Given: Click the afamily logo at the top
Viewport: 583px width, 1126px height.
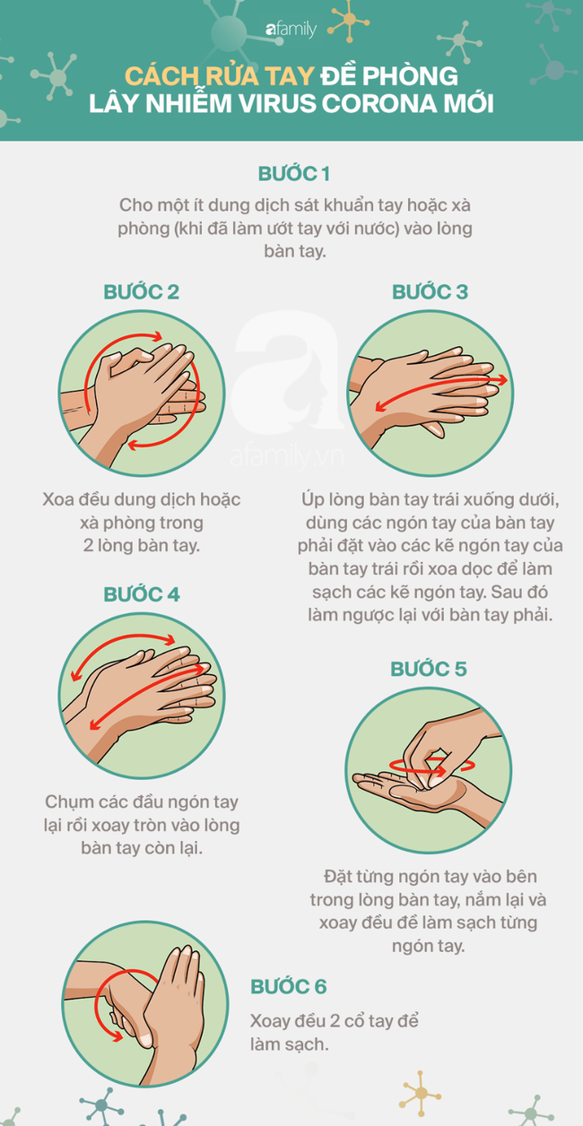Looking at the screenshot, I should click(291, 29).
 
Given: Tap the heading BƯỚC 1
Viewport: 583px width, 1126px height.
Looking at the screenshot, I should click(291, 173).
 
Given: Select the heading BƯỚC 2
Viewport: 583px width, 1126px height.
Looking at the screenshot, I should click(141, 291).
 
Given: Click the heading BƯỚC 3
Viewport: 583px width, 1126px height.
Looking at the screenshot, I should click(430, 291).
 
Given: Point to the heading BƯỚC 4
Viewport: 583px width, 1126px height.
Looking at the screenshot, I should click(141, 593).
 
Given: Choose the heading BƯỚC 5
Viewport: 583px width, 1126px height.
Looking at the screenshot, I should click(429, 669).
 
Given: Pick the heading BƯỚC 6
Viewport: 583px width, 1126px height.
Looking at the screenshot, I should click(289, 987).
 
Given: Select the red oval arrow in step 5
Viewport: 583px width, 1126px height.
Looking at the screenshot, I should click(420, 767).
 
